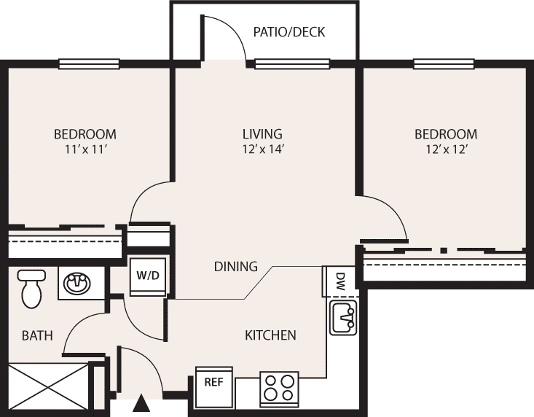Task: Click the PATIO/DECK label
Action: tap(288, 32)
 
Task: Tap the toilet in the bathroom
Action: tap(31, 289)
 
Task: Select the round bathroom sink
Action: tap(78, 283)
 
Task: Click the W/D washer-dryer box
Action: tap(148, 276)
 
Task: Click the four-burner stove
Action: tap(279, 389)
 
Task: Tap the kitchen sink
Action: tap(343, 318)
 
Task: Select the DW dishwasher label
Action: tap(340, 281)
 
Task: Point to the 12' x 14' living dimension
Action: tap(262, 149)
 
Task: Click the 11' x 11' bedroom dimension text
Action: tap(85, 149)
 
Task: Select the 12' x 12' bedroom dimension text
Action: tap(445, 149)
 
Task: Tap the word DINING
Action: tap(235, 266)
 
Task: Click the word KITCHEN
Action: tap(270, 335)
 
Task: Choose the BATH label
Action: tap(37, 335)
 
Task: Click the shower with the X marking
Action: tap(48, 387)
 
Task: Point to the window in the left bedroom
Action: tap(89, 63)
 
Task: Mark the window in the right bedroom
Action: tap(444, 63)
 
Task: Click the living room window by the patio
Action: tap(292, 63)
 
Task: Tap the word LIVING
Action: tap(262, 134)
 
